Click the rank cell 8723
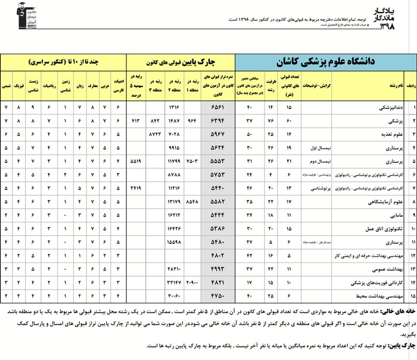[x=154, y=134]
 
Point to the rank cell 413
[x=135, y=121]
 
